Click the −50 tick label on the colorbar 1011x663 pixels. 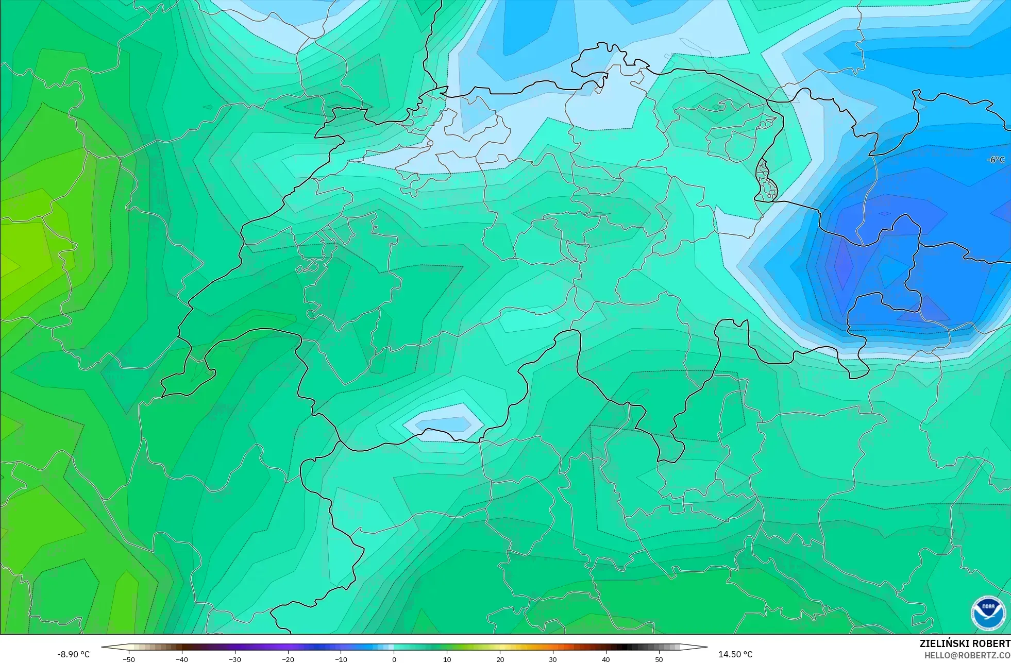pos(129,659)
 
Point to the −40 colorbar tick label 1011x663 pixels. pos(182,659)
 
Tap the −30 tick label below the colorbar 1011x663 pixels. pos(235,659)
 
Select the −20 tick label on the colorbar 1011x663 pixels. pos(288,659)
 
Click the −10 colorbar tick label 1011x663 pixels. pos(341,659)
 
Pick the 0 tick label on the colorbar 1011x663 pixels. pos(394,659)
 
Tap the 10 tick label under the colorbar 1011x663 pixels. pos(447,659)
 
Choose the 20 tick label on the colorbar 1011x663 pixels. pos(500,659)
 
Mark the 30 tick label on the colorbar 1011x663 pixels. pos(553,659)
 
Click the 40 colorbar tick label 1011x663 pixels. pos(606,659)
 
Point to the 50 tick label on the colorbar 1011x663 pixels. pos(659,659)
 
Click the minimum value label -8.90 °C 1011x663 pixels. pos(73,654)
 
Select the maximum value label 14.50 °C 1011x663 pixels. pos(735,654)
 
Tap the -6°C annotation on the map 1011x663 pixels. pos(996,160)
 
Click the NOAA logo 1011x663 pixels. pos(988,613)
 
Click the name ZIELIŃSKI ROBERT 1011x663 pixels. pos(965,643)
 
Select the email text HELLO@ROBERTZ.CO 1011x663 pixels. pos(967,656)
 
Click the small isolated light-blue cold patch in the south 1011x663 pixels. pos(443,423)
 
